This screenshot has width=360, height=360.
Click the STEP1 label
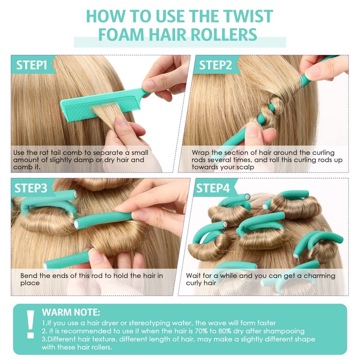point(31,65)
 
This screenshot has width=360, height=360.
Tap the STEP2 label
point(216,65)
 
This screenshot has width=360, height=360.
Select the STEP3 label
point(31,188)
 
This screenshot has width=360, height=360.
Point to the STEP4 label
point(213,188)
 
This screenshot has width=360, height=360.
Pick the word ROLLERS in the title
point(224,35)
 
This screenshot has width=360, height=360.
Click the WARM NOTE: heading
point(71,312)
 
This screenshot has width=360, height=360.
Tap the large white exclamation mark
point(30,324)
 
